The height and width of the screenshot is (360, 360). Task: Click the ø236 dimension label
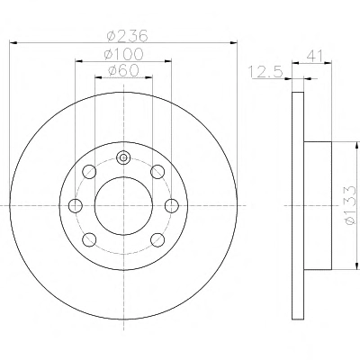(x=128, y=36)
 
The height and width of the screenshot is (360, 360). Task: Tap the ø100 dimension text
(x=124, y=54)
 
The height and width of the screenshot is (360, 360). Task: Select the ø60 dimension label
(x=123, y=71)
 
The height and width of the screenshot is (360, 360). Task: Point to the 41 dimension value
(x=314, y=56)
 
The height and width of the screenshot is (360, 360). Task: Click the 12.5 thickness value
(x=266, y=72)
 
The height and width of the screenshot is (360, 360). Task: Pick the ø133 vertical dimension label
(x=350, y=205)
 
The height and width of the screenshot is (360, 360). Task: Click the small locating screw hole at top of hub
(x=123, y=157)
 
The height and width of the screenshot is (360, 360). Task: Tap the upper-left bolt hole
(x=89, y=172)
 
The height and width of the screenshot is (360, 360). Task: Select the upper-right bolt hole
(x=157, y=172)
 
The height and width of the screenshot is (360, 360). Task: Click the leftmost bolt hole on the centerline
(x=76, y=206)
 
